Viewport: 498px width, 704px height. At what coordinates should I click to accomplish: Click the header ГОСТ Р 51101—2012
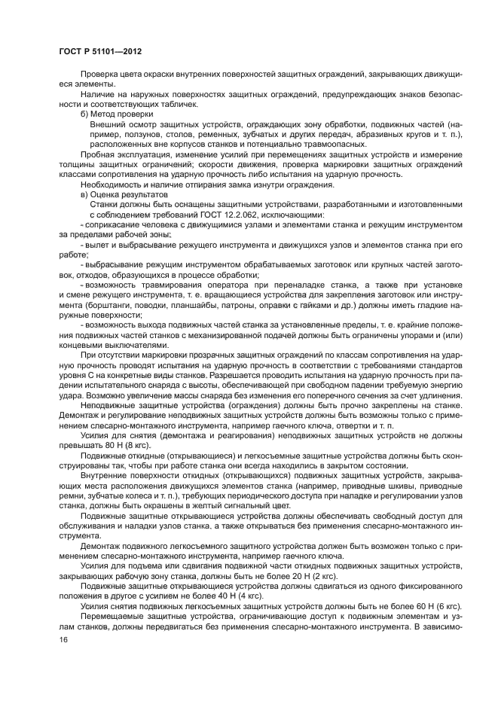[x=99, y=52]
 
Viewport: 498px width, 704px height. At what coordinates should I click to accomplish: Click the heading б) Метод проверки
[x=116, y=114]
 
